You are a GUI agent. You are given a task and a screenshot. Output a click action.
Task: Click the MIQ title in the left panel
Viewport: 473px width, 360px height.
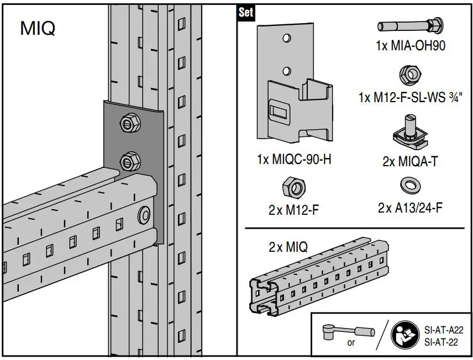click(x=38, y=28)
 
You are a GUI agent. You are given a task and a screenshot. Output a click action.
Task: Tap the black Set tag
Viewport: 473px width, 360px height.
click(x=245, y=13)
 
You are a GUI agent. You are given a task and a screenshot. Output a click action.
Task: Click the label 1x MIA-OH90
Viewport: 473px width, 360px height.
click(x=410, y=46)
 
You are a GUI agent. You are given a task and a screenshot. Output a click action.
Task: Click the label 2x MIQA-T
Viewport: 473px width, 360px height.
click(x=410, y=162)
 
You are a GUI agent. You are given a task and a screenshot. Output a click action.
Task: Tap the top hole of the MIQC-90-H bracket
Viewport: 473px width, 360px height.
click(x=286, y=38)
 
